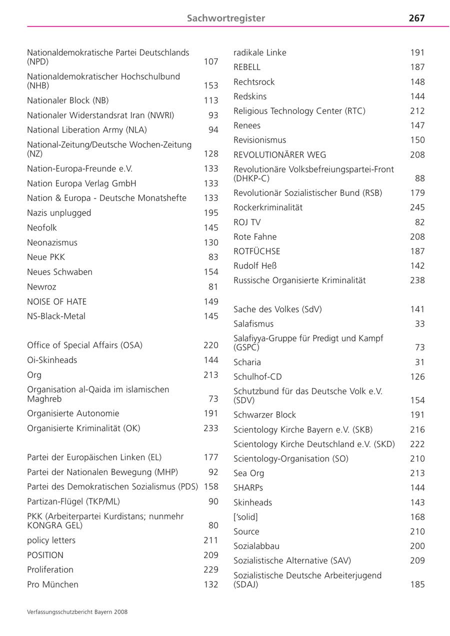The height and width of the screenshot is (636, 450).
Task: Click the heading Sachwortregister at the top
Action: click(x=226, y=18)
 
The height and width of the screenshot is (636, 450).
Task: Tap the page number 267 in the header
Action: click(x=416, y=18)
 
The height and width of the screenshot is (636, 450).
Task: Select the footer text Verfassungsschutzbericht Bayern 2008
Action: click(x=77, y=611)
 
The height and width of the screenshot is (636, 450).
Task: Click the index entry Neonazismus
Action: click(x=52, y=242)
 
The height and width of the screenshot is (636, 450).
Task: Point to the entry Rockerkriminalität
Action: click(x=268, y=207)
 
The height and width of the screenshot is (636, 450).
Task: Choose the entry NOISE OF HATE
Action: click(x=56, y=301)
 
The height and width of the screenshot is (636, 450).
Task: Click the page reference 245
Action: click(x=417, y=207)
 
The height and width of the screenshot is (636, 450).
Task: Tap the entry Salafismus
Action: click(x=253, y=324)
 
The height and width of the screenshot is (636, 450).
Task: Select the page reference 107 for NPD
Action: click(x=211, y=62)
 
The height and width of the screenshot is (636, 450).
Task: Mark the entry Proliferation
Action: click(x=50, y=570)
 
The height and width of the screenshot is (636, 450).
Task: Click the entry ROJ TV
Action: click(x=247, y=222)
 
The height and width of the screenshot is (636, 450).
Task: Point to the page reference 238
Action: click(x=417, y=280)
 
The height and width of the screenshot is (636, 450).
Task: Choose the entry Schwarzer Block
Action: click(x=264, y=415)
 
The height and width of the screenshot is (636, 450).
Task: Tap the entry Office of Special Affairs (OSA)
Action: click(x=84, y=345)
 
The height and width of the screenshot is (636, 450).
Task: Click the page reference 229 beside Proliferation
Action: click(x=211, y=570)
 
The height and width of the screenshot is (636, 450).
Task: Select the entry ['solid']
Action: click(x=245, y=517)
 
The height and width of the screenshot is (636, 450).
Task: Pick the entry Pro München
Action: click(x=52, y=584)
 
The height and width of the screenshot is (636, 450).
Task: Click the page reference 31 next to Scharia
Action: click(x=419, y=362)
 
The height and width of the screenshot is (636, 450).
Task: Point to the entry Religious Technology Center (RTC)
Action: click(x=299, y=111)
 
